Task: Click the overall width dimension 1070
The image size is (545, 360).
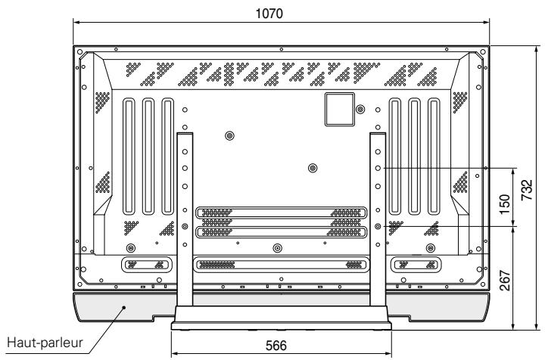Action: point(281,13)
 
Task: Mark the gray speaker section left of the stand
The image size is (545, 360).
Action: point(121,309)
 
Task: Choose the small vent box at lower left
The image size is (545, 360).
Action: point(142,265)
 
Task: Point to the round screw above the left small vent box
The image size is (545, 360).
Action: point(131,248)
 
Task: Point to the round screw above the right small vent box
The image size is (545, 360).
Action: point(431,248)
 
